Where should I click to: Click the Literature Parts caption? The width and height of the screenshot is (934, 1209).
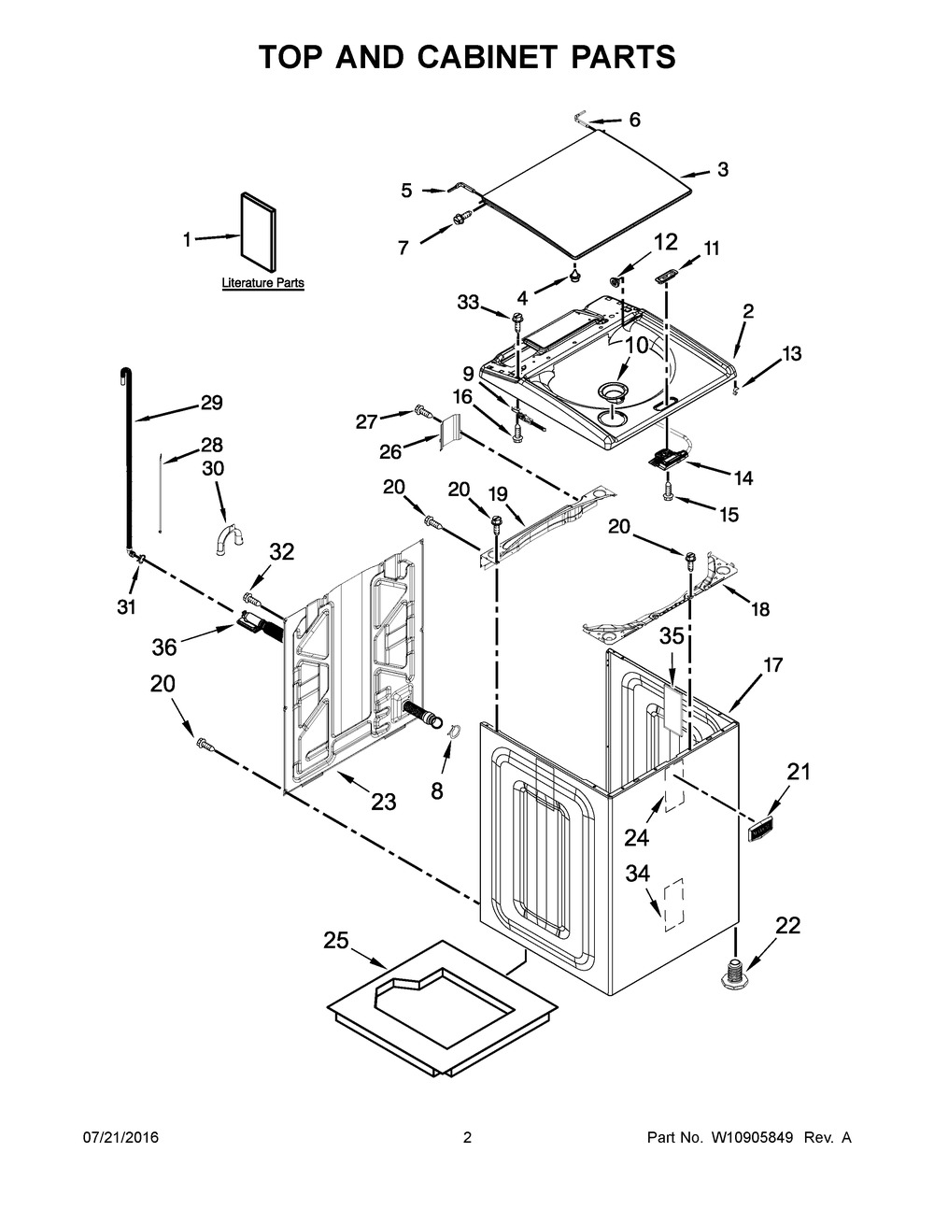[262, 282]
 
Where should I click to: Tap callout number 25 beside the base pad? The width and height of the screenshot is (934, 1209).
[336, 941]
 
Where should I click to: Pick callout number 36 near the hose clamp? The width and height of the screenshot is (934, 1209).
[164, 647]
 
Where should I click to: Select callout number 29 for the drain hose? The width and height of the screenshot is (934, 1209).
[211, 404]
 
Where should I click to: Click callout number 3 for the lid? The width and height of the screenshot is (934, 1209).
[723, 169]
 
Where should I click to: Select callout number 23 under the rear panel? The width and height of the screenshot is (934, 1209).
[384, 801]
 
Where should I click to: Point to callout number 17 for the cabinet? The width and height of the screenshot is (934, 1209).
[772, 665]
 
